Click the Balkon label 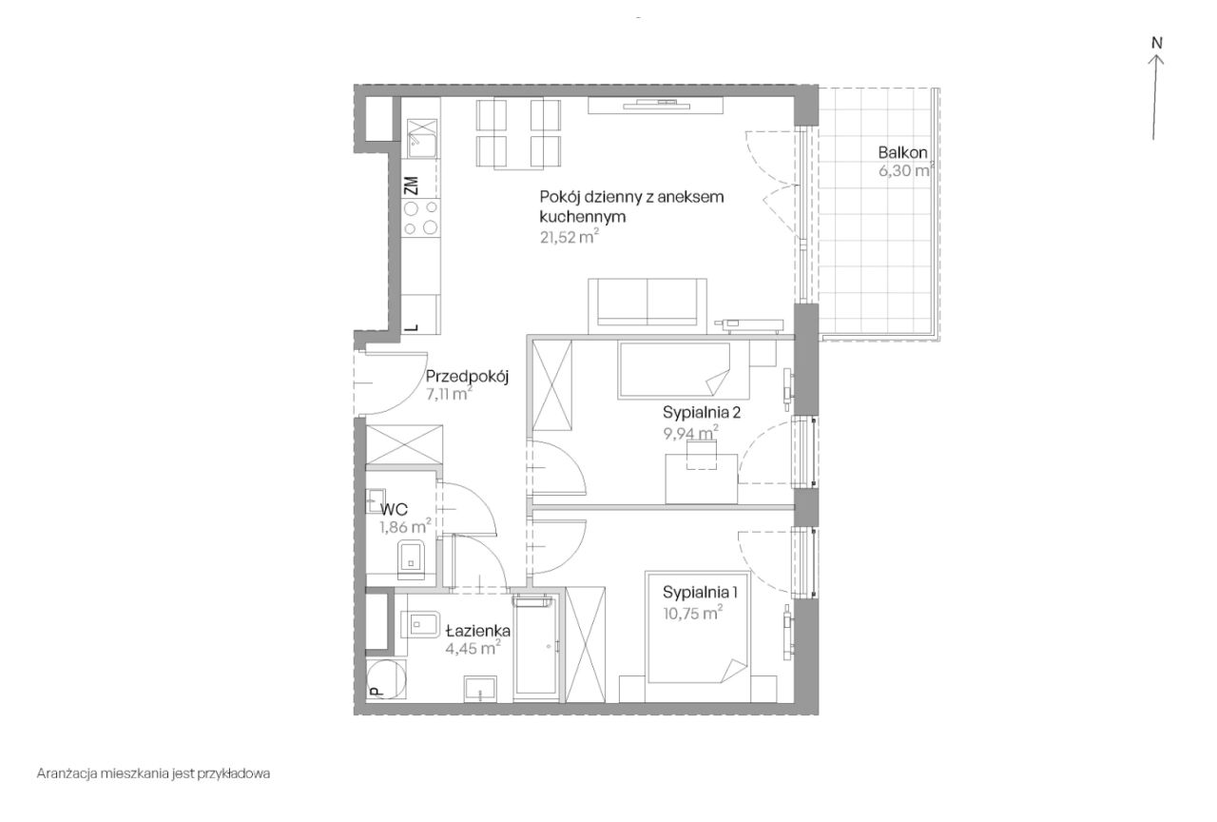point(902,153)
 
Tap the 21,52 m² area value point(570,237)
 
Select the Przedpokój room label point(467,376)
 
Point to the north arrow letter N point(1157,43)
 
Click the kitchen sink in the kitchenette point(422,139)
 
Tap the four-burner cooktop point(420,218)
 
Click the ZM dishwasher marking point(412,186)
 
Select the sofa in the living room point(647,305)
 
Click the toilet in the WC point(413,560)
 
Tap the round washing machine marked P point(386,679)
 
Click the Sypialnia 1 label point(700,592)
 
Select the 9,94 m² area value point(690,433)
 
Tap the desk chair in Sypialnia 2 point(702,455)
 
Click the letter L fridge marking point(413,328)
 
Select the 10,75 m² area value point(693,613)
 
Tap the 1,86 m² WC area point(405,526)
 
